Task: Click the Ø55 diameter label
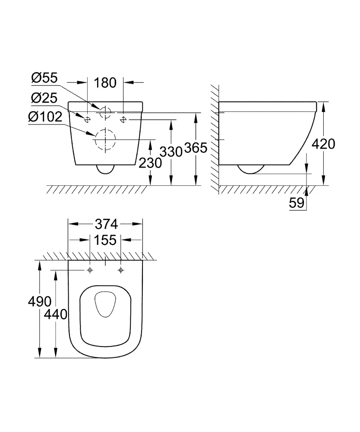[44, 78]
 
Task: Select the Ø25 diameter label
[44, 98]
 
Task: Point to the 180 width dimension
[106, 82]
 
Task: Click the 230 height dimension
[150, 163]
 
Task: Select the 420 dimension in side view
[323, 144]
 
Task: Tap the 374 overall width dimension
[106, 224]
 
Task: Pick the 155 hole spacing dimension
[106, 240]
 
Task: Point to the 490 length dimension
[39, 301]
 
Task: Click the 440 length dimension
[55, 314]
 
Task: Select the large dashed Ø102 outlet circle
[105, 140]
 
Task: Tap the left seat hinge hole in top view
[90, 270]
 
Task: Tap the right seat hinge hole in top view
[121, 270]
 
